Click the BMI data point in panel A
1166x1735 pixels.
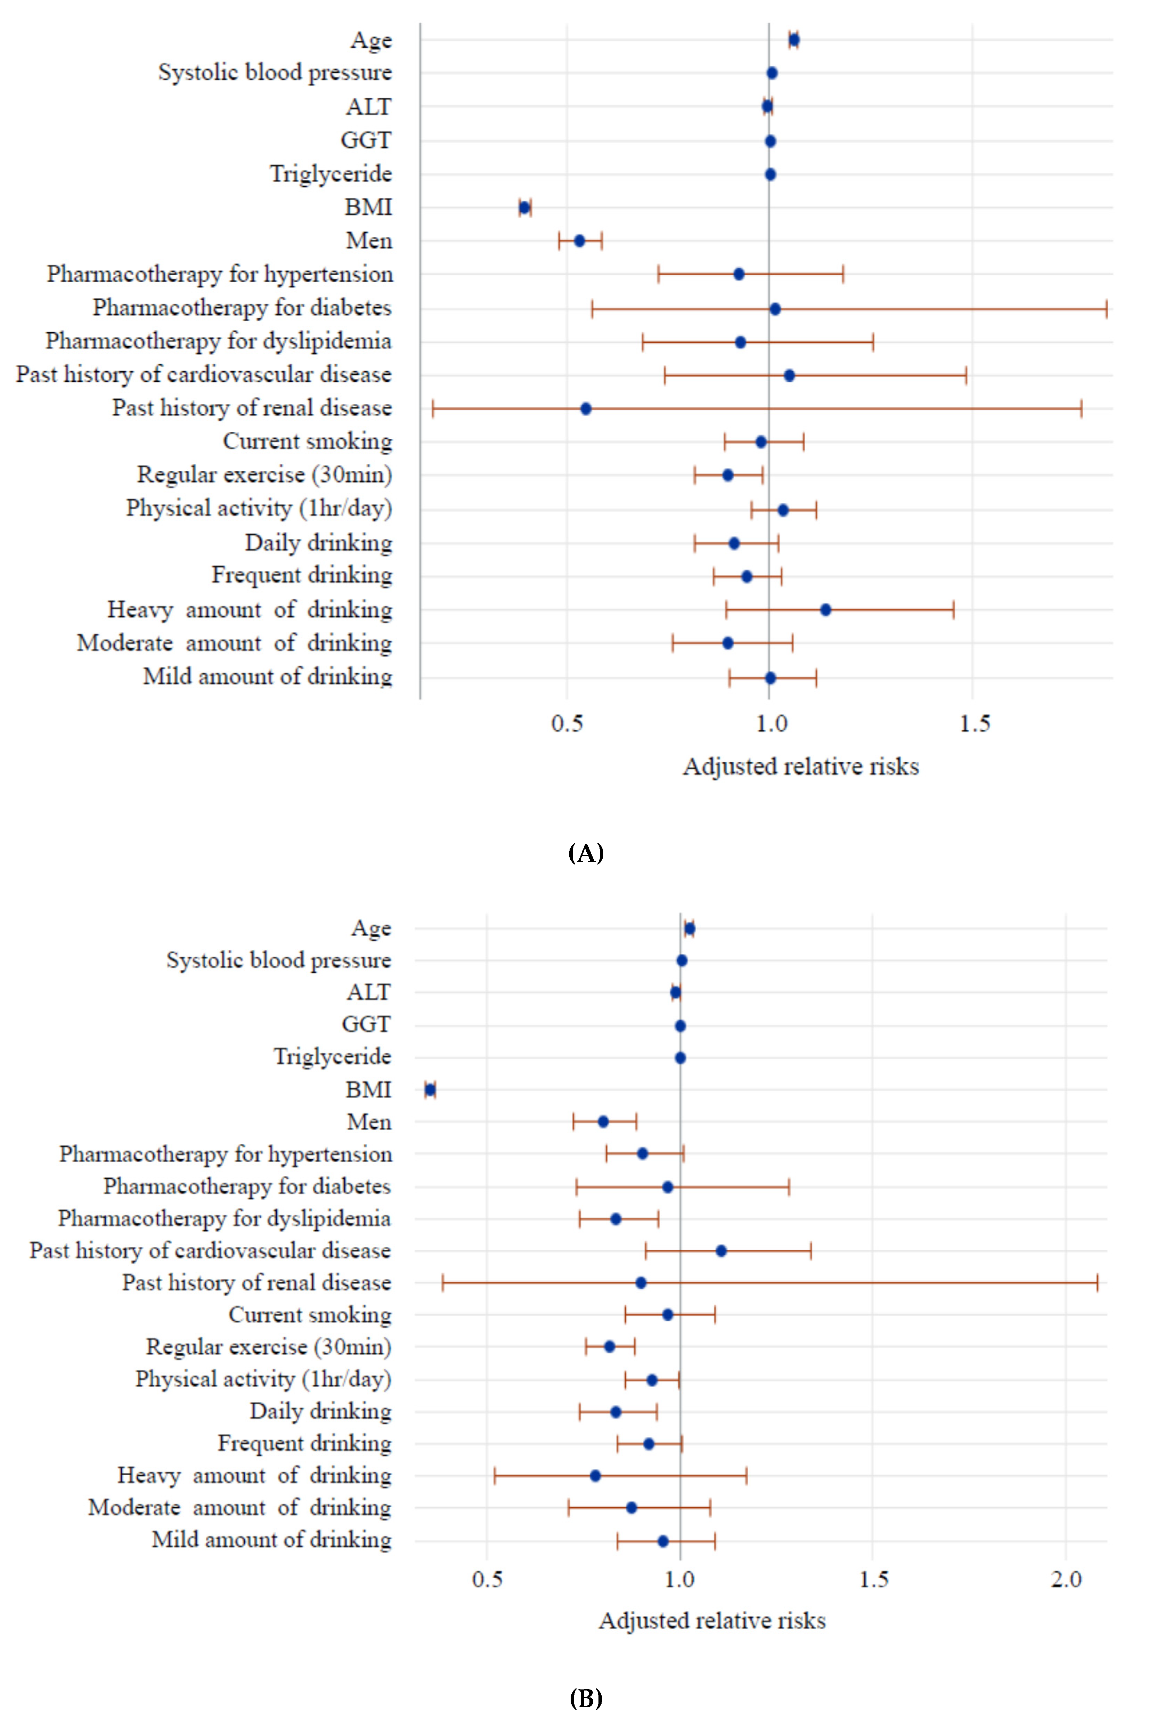[524, 208]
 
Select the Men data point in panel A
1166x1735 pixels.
[579, 241]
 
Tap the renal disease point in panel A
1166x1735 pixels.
[585, 408]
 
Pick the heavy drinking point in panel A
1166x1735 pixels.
[825, 610]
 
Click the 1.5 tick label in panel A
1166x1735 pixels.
[973, 724]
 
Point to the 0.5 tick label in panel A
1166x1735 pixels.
[566, 724]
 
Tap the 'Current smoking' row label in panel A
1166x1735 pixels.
[307, 442]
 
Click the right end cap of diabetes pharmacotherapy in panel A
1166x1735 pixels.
[1107, 309]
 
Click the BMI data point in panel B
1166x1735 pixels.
[430, 1089]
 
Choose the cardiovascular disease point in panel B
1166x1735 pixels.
[720, 1251]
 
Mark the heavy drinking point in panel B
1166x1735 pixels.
[595, 1475]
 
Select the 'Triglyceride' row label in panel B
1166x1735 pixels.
[332, 1057]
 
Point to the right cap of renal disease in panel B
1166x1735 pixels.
[1097, 1283]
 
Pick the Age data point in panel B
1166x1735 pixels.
[689, 928]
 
